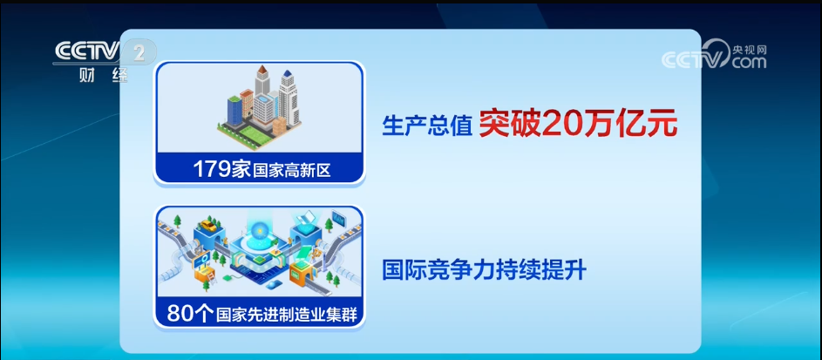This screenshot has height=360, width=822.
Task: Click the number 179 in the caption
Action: click(x=211, y=169)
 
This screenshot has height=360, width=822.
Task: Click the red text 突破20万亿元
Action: click(x=578, y=126)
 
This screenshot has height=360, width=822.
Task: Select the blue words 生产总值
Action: click(x=427, y=126)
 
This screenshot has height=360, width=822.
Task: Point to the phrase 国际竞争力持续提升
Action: click(x=484, y=271)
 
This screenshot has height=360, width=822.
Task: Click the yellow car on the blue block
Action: click(x=208, y=226)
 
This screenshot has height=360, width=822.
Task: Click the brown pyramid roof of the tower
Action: click(x=262, y=71)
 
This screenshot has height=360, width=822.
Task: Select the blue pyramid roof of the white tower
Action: click(x=288, y=75)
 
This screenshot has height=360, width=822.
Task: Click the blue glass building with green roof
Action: click(x=234, y=110)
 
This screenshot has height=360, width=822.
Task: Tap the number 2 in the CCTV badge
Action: click(x=139, y=52)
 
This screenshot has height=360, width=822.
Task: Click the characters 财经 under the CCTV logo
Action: click(x=104, y=76)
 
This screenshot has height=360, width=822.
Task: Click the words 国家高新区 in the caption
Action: click(x=292, y=171)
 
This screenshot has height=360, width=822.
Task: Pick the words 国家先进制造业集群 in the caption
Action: click(x=286, y=315)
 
